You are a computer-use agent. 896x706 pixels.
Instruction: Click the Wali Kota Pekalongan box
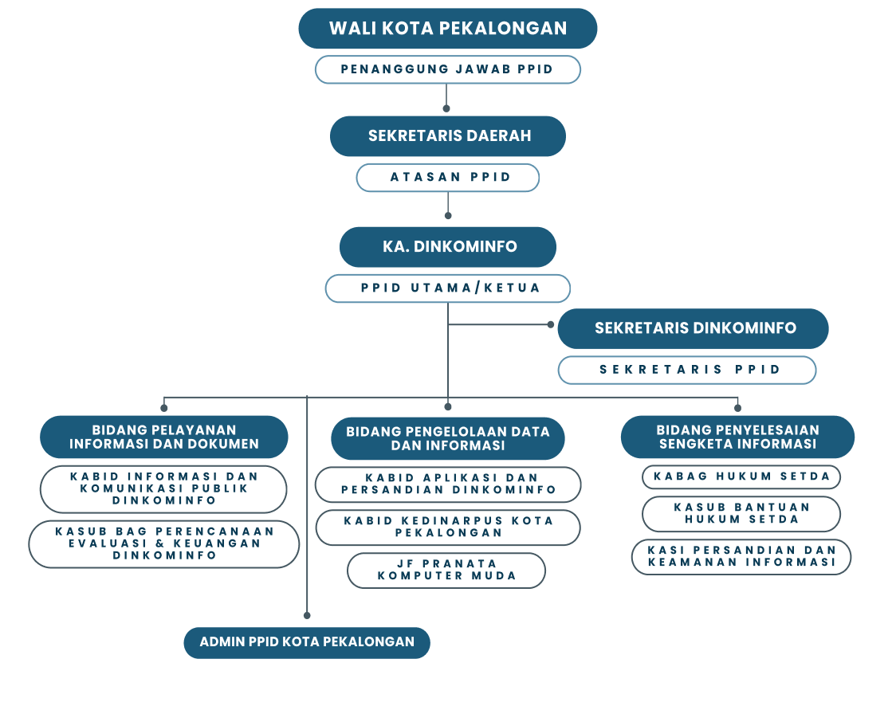(447, 29)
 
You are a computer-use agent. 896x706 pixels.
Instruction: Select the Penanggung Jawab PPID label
(447, 69)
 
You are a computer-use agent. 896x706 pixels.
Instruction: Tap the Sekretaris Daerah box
(448, 135)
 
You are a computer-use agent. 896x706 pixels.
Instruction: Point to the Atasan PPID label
(448, 178)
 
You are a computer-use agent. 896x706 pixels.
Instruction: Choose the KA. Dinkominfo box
(448, 247)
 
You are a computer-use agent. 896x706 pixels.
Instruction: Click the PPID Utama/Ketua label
(448, 288)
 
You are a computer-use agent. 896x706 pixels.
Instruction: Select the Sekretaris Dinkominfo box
(694, 328)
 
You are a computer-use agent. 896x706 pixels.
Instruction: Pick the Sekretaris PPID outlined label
(687, 370)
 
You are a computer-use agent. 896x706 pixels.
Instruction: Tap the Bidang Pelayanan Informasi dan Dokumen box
(164, 437)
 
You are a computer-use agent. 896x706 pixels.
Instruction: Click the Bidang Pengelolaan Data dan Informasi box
(448, 438)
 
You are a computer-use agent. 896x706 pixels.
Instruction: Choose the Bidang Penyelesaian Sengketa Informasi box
(737, 437)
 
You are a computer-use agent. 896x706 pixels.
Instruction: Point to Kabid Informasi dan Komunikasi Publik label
(164, 488)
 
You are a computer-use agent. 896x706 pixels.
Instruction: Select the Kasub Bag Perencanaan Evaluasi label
(164, 543)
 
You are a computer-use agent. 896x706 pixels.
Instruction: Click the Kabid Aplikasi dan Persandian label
(448, 484)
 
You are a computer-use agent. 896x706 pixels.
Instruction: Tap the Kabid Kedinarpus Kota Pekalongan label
(448, 527)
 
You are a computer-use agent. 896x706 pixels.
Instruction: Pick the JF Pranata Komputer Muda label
(446, 570)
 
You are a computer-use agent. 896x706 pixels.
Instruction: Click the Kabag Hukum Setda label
(741, 477)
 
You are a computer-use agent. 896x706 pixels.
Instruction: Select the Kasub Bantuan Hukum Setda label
(741, 513)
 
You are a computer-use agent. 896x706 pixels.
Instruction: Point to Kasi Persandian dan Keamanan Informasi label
(741, 556)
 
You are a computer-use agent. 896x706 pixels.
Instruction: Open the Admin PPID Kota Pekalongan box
(307, 642)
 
